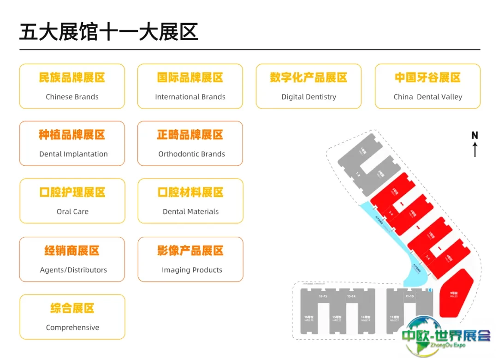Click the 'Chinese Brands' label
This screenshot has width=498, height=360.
pyautogui.click(x=72, y=97)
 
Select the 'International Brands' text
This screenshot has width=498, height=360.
pyautogui.click(x=190, y=97)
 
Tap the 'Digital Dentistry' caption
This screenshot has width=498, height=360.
pyautogui.click(x=308, y=97)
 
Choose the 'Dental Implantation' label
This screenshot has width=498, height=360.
pyautogui.click(x=73, y=154)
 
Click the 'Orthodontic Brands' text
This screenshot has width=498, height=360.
pyautogui.click(x=191, y=154)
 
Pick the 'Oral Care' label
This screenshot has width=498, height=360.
pyautogui.click(x=72, y=211)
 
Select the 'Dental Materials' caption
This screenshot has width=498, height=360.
pyautogui.click(x=190, y=211)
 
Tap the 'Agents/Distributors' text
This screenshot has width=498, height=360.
pyautogui.click(x=73, y=270)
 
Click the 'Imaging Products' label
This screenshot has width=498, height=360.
pyautogui.click(x=192, y=270)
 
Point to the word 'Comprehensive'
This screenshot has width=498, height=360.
pyautogui.click(x=72, y=328)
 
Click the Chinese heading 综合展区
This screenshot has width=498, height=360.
pyautogui.click(x=72, y=308)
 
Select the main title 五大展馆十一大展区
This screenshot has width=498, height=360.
pyautogui.click(x=109, y=33)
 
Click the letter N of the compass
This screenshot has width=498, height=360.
pyautogui.click(x=474, y=135)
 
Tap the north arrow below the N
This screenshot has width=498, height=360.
pyautogui.click(x=474, y=150)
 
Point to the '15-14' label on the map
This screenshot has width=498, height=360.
pyautogui.click(x=351, y=296)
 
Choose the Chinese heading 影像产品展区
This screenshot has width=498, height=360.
pyautogui.click(x=190, y=251)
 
